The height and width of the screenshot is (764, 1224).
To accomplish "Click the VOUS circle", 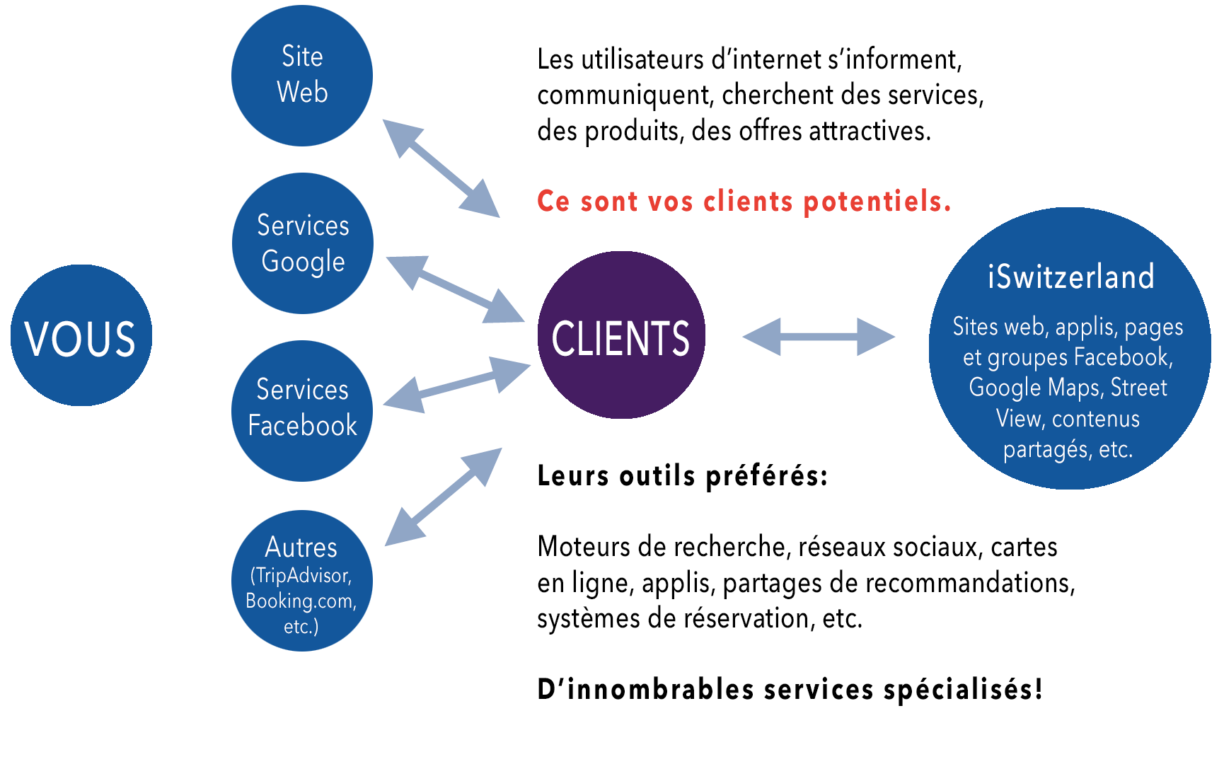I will coord(81,335).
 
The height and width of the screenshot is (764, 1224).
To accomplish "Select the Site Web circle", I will coord(302,75).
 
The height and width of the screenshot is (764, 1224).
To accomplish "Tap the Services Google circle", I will coord(302,243).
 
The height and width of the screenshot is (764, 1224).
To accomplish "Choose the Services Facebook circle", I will coord(302,410).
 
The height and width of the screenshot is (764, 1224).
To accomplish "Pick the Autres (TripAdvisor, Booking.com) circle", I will coord(302,580).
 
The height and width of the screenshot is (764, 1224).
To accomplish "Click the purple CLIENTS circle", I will coord(620,335).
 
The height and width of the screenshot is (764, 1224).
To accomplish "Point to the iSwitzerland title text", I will coord(1070,277).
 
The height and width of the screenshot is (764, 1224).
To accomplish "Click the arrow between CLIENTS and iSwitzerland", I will coord(819,337).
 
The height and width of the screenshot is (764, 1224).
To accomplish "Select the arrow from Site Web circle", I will coord(441,168).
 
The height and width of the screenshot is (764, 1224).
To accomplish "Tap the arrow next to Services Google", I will coord(455,289).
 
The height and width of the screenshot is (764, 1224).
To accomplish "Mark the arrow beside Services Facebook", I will coord(456,384).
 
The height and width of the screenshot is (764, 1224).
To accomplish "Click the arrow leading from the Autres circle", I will coord(443,497).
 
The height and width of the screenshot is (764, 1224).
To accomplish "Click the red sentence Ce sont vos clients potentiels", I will coord(744,202).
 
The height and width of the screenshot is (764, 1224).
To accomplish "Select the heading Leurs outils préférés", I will coord(682,476).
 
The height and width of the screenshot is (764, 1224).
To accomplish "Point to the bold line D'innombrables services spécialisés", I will coord(790,689).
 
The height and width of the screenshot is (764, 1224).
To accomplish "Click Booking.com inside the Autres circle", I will coord(301,601).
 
